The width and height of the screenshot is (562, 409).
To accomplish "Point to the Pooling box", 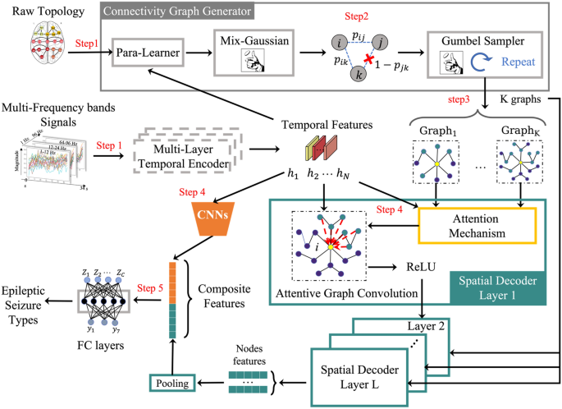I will [176, 382].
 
